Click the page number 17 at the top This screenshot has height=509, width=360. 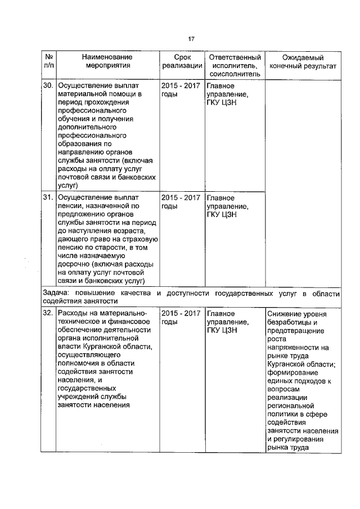pos(191,39)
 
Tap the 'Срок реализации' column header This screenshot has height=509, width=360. pos(181,62)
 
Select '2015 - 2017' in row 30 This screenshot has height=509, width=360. pos(181,85)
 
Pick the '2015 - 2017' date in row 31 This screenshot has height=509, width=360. pos(181,197)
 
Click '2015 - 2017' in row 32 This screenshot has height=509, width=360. pos(181,313)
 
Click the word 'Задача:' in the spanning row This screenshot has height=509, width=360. pos(57,294)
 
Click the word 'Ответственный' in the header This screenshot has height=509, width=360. pos(235,57)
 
